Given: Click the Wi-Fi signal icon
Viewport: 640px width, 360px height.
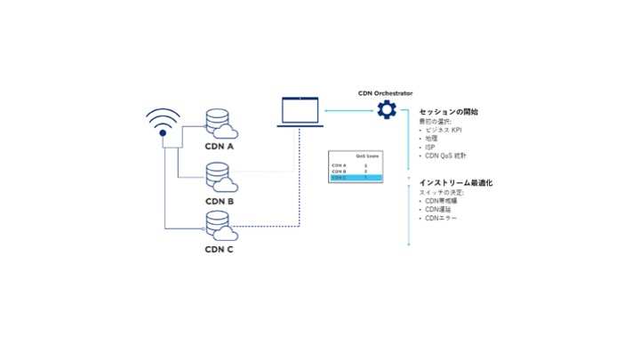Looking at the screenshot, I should (x=164, y=122).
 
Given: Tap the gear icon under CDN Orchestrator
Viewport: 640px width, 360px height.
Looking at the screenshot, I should (x=387, y=110).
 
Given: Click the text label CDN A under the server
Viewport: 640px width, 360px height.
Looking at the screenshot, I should (x=220, y=148).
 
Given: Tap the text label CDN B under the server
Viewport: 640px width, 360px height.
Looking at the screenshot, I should (x=220, y=201).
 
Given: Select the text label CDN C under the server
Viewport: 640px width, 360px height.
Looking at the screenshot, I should (x=220, y=250).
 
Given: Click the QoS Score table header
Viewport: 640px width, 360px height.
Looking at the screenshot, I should (x=366, y=155).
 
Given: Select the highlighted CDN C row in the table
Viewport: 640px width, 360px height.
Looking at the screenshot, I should (x=356, y=178).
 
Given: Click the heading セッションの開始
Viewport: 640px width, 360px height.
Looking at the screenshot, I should (x=449, y=112).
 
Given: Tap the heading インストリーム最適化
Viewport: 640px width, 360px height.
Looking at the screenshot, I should (x=455, y=182).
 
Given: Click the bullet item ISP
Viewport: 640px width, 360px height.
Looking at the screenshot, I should (x=430, y=147).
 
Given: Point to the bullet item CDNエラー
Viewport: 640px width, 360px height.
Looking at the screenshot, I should (x=441, y=218).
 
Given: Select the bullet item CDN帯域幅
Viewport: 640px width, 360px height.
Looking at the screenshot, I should (x=442, y=201).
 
